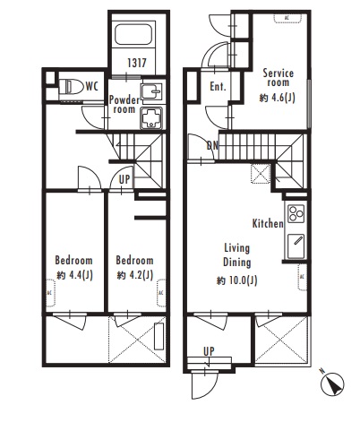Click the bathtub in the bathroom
tap(134, 34)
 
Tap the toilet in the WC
tap(72, 87)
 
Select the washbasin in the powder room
tap(151, 90)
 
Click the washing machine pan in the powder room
tap(151, 118)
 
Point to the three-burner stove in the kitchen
tap(296, 213)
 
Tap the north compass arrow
tap(332, 384)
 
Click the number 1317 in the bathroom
tap(137, 63)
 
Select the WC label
tap(91, 87)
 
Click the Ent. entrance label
tap(218, 87)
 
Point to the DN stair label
tap(212, 145)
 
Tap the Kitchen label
tap(268, 223)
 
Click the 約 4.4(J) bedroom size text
tap(74, 275)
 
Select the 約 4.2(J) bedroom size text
tap(135, 275)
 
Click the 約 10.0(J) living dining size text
tap(236, 280)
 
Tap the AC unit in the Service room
tap(287, 18)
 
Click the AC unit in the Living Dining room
tap(302, 277)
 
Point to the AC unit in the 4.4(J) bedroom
tap(50, 293)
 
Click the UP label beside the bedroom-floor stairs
tap(124, 179)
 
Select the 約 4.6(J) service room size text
tap(278, 98)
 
